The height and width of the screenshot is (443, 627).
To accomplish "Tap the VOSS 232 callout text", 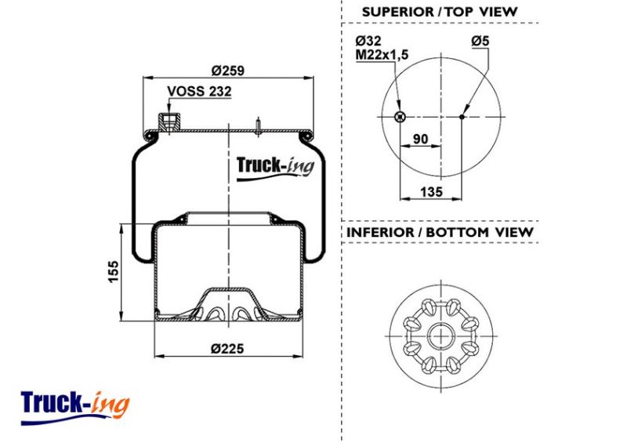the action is pyautogui.click(x=199, y=91).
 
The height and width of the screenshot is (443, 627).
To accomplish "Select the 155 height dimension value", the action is pyautogui.click(x=114, y=272).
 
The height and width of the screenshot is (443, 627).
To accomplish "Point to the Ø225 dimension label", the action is pyautogui.click(x=227, y=349).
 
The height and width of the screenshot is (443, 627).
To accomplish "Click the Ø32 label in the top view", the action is pyautogui.click(x=368, y=41).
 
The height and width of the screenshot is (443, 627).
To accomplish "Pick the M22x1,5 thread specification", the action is pyautogui.click(x=382, y=54).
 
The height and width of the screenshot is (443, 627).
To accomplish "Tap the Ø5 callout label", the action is pyautogui.click(x=480, y=41).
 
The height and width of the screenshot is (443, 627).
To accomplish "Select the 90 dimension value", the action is pyautogui.click(x=420, y=139).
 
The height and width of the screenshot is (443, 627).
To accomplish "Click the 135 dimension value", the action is pyautogui.click(x=432, y=191).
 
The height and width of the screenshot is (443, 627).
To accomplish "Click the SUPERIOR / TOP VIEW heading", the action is pyautogui.click(x=440, y=12).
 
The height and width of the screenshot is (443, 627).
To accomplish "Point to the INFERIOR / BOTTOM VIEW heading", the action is pyautogui.click(x=440, y=232).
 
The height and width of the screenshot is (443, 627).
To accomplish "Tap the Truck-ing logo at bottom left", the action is pyautogui.click(x=75, y=408).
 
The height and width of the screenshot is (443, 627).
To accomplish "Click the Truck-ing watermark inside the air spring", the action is pyautogui.click(x=275, y=168).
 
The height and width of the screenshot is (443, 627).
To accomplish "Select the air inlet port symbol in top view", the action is pyautogui.click(x=400, y=117).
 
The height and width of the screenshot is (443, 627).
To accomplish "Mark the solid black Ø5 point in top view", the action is pyautogui.click(x=462, y=117).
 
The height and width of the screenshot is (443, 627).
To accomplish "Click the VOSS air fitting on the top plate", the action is pyautogui.click(x=169, y=122).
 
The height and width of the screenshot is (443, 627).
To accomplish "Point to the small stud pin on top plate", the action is pyautogui.click(x=259, y=126).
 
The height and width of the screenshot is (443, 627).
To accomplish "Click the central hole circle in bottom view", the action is pyautogui.click(x=441, y=336).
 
